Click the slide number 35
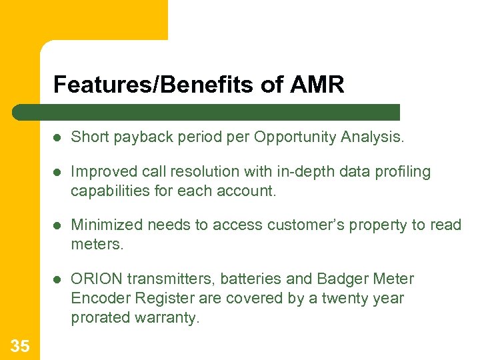[20, 345]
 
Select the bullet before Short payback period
[58, 137]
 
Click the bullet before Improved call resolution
[58, 172]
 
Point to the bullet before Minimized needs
[58, 225]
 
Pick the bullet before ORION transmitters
[58, 279]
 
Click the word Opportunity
[296, 137]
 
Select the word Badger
[341, 279]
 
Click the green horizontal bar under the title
[207, 112]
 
